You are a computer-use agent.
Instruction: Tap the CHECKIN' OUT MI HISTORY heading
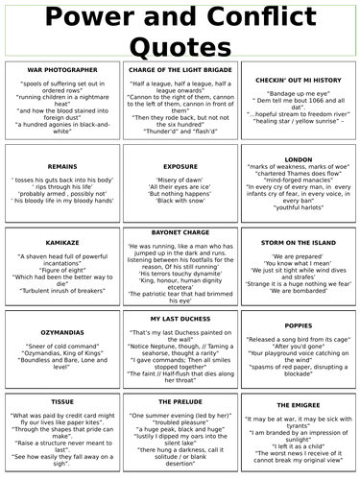coord(298,81)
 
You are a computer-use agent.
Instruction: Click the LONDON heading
coord(298,159)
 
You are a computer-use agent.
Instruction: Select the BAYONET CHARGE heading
coord(180,233)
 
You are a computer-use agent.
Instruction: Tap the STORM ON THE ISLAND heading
coord(298,244)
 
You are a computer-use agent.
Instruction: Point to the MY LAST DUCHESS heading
coord(180,318)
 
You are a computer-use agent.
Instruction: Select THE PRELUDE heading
coord(180,400)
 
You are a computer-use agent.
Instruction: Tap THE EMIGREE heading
coord(298,406)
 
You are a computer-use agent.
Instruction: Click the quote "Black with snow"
coord(180,202)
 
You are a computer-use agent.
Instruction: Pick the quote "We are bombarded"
coord(298,289)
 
